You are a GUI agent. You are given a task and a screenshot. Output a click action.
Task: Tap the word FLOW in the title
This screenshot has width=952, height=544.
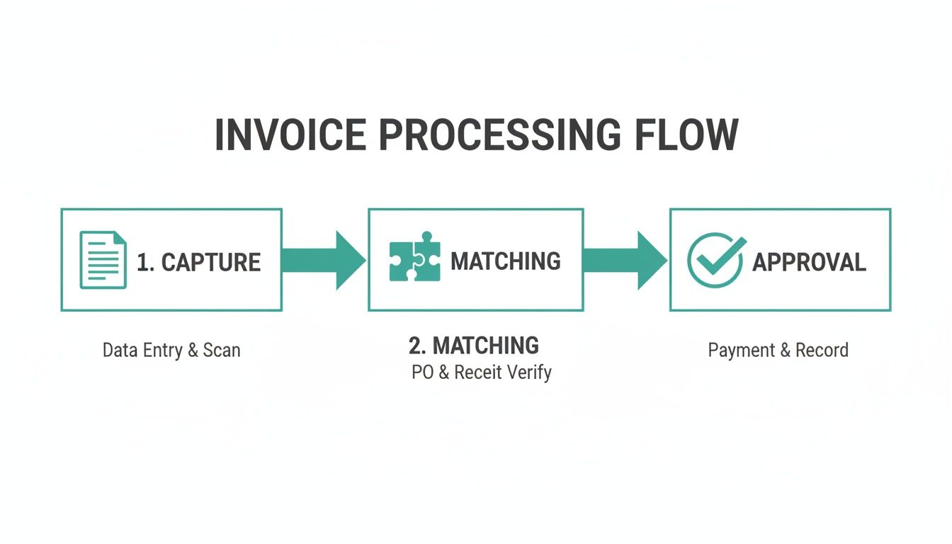point(685,135)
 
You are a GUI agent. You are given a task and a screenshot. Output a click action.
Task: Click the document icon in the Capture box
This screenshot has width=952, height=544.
point(103,260)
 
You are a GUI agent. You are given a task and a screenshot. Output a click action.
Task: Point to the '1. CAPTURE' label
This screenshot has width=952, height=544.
point(198,262)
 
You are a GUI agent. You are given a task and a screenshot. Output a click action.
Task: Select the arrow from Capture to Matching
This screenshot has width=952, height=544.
point(323,260)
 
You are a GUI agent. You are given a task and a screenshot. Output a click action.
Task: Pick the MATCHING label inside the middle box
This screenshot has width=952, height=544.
point(506,261)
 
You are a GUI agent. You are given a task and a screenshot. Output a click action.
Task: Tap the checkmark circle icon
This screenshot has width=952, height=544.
point(715,260)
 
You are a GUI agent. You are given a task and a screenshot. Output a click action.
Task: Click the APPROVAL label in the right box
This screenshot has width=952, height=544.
point(809,262)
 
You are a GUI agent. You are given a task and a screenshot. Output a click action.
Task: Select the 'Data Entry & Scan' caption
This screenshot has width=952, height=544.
point(171,350)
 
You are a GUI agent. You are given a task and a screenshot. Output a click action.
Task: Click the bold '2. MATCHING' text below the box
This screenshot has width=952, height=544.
point(474,346)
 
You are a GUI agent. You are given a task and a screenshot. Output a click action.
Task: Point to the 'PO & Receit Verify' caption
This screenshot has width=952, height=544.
point(481,373)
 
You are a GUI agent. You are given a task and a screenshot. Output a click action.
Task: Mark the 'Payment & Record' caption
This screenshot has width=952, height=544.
point(778,350)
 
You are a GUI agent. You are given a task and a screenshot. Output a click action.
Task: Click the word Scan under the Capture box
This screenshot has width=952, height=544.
point(222,350)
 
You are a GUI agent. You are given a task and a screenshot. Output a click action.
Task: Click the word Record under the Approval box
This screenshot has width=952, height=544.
point(822,350)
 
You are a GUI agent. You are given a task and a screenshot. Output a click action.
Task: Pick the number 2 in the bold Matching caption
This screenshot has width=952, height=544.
point(415,346)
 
